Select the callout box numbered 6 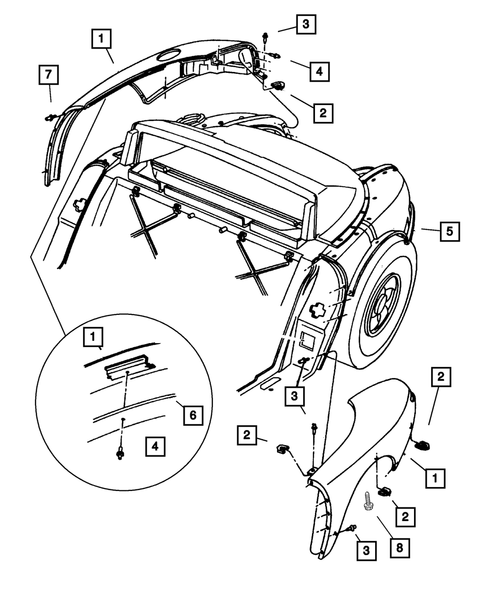point(192,416)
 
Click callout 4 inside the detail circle point(154,446)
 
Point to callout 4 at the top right point(317,71)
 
